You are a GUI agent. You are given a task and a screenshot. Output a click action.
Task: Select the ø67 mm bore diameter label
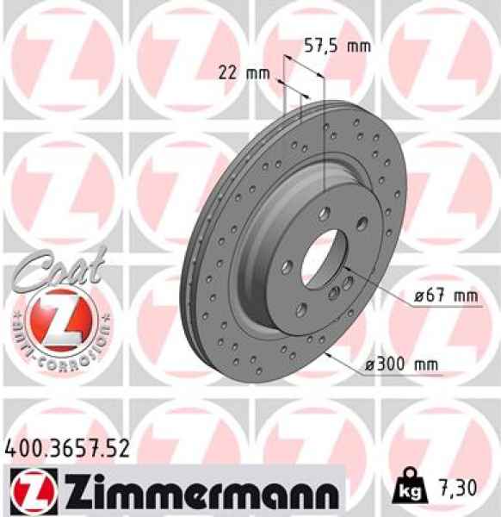[x=444, y=296]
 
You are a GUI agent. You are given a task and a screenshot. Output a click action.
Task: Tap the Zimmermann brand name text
[x=189, y=491]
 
